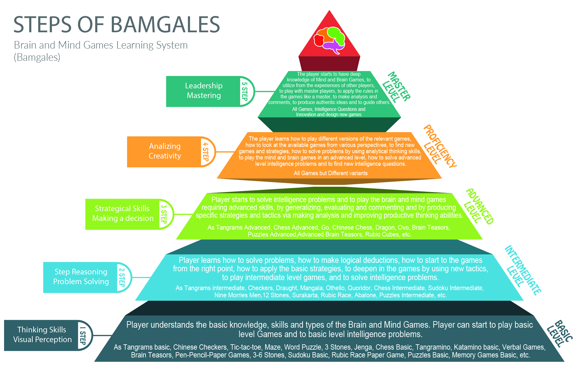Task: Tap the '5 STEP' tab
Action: pos(245,91)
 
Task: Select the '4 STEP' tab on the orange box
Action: pos(206,152)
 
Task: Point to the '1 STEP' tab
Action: pos(83,335)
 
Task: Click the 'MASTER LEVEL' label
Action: pos(396,87)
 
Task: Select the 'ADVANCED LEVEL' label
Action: pos(479,207)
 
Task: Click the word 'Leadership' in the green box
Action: pos(204,86)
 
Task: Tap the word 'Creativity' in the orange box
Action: pos(165,156)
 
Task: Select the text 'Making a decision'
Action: pos(123,218)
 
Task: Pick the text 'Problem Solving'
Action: pos(81,282)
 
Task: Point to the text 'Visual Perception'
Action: pos(42,340)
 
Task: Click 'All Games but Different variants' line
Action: pos(330,173)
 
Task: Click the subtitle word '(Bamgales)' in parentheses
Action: pos(37,58)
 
